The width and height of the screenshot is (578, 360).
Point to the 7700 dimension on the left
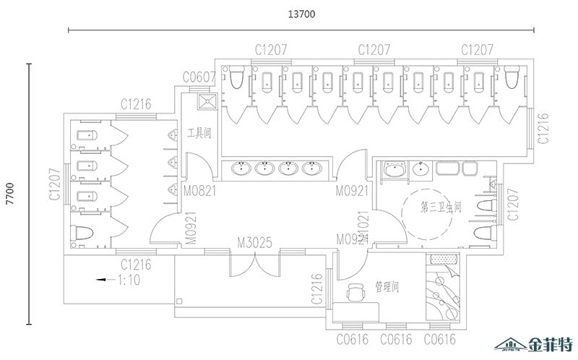[10, 194]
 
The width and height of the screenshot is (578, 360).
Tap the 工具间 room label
[198, 133]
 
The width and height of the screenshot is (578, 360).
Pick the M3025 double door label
[254, 243]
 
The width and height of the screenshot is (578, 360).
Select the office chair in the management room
[355, 293]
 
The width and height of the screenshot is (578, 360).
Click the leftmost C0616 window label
[352, 338]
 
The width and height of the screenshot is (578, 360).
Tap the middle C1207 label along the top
[375, 50]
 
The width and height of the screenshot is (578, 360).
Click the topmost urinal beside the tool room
[172, 135]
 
